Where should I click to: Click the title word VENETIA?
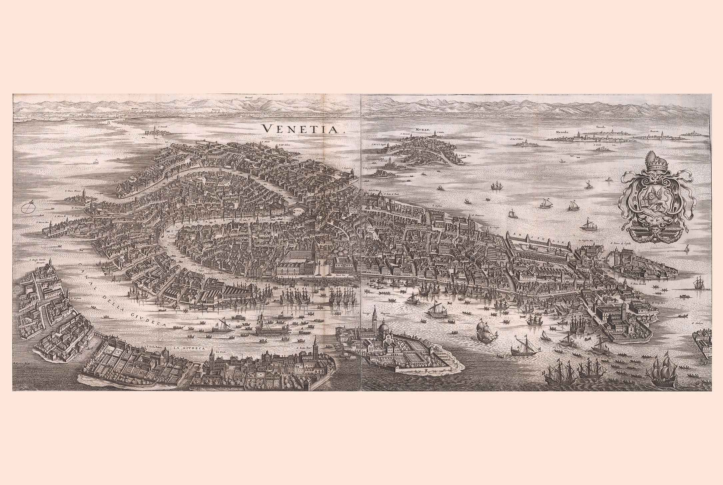pyautogui.click(x=302, y=129)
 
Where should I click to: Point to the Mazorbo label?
pyautogui.click(x=563, y=131)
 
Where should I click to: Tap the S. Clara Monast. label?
pyautogui.click(x=73, y=191)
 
